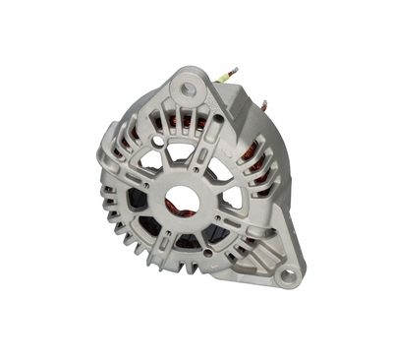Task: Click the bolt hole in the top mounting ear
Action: click(188, 90)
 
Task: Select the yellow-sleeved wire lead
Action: click(228, 76)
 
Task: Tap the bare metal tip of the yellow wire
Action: click(234, 68)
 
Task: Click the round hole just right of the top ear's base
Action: click(221, 115)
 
